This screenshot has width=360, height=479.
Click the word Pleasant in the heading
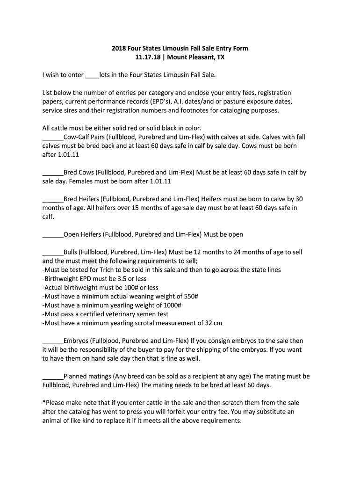pos(200,57)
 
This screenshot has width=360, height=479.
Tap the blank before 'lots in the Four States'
pos(93,75)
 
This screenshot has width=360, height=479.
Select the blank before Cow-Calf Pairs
pos(52,137)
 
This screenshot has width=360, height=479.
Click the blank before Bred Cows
pos(52,173)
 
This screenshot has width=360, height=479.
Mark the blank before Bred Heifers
pos(52,199)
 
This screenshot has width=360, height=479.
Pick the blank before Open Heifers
pos(52,234)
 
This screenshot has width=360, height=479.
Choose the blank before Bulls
pos(52,252)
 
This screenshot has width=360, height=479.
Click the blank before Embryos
pos(52,341)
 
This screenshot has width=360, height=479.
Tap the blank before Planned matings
pos(52,377)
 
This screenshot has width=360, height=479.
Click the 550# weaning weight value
pos(190,297)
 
